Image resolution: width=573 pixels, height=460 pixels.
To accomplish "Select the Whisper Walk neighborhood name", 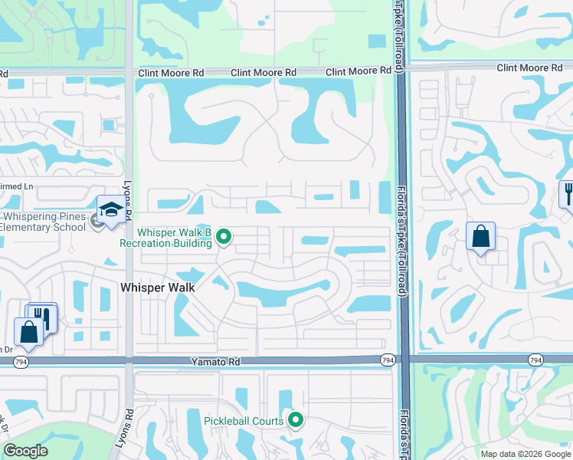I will [158, 287].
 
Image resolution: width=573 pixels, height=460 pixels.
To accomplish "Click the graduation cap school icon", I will [111, 209].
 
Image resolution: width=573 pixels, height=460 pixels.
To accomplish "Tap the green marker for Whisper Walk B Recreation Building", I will [224, 237].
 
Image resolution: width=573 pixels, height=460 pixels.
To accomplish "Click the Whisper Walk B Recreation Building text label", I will [165, 238].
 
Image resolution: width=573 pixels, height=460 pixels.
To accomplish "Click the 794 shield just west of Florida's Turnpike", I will [388, 360].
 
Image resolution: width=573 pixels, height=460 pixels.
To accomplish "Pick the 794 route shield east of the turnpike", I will [535, 360].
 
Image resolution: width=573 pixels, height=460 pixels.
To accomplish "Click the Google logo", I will [25, 451].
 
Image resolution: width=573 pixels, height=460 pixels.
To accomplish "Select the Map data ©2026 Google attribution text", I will [526, 454].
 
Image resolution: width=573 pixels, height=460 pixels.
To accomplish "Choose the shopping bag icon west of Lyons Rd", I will [29, 331].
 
